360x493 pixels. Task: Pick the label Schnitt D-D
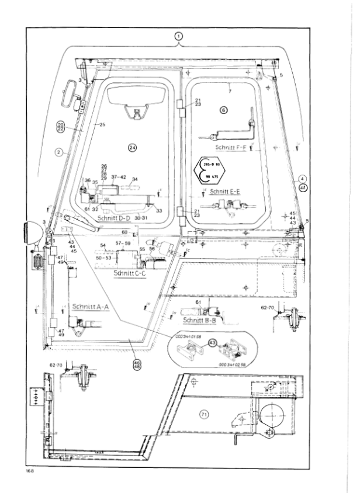pos(116,217)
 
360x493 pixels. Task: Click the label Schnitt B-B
pos(199,321)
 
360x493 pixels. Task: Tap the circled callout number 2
pos(58,152)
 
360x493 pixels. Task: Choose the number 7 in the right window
pos(230,92)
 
